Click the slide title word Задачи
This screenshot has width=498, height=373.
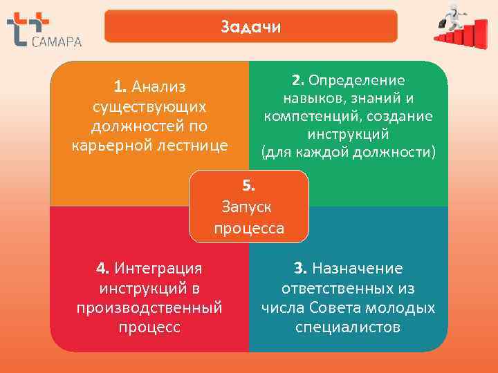click(x=250, y=27)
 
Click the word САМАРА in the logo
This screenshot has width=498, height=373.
click(x=57, y=41)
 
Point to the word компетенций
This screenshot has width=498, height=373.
click(x=302, y=115)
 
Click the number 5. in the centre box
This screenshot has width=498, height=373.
click(x=249, y=184)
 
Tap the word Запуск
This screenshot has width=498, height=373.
click(x=248, y=206)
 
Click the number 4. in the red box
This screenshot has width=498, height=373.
click(x=102, y=267)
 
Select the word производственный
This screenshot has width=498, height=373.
click(x=149, y=306)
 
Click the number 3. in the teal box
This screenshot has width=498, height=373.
click(x=299, y=267)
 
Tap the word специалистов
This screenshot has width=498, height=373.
click(x=348, y=326)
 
